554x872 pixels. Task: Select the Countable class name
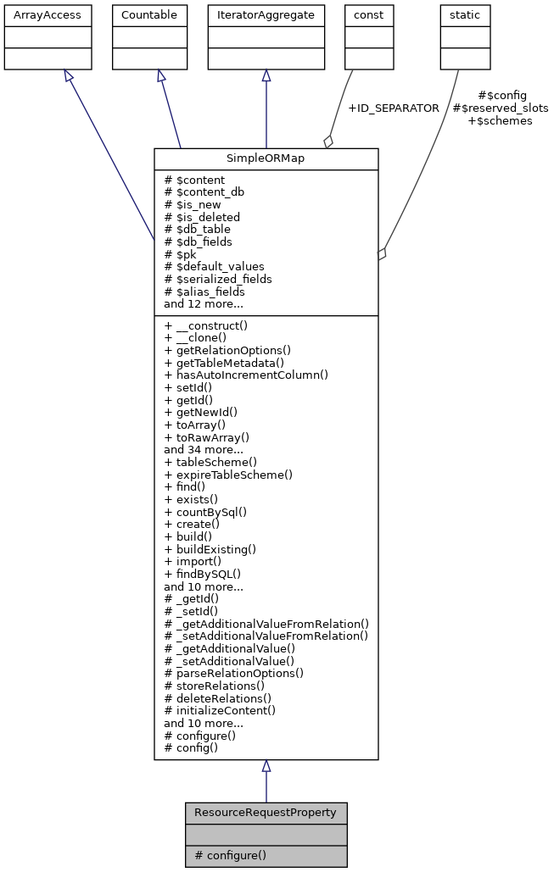[149, 15]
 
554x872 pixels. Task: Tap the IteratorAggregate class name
[266, 15]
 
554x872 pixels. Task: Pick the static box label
[465, 15]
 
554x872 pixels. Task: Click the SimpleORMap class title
[266, 159]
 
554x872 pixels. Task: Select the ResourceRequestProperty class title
[266, 813]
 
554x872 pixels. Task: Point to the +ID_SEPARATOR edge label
[394, 108]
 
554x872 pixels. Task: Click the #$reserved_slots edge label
[501, 108]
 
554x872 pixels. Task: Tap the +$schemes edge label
[500, 121]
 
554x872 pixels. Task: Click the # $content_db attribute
[204, 192]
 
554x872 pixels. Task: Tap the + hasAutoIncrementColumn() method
[246, 375]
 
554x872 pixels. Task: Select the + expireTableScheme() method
[228, 475]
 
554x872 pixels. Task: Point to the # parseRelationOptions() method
[233, 673]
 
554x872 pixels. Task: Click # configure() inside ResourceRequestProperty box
[231, 855]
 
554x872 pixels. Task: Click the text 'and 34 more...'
[204, 450]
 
